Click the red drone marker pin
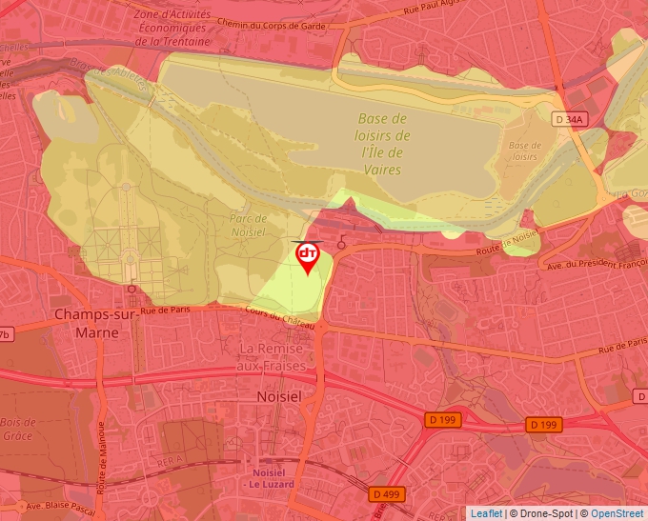click(308, 256)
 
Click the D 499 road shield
click(385, 493)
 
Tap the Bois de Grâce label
click(17, 429)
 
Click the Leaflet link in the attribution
click(486, 513)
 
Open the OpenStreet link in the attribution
click(617, 513)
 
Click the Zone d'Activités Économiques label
click(172, 28)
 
